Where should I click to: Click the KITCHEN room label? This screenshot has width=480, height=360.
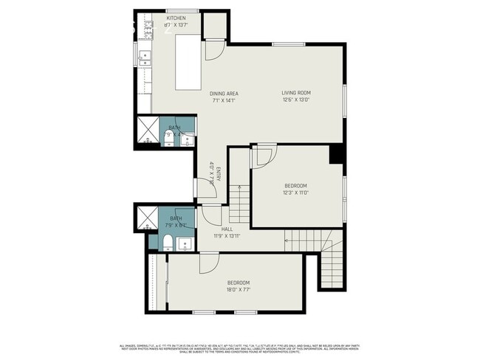176,18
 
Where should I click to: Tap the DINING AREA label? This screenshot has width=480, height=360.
223,94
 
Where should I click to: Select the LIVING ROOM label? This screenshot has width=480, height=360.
295,94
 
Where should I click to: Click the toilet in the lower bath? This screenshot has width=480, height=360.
168,243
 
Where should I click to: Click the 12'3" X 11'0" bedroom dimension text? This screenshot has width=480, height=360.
295,193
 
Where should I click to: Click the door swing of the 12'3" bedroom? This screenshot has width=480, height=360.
263,156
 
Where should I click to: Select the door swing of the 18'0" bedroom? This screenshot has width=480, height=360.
210,263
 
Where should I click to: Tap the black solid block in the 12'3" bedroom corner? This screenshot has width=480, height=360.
337,153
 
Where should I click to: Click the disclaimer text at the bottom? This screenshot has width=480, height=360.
240,348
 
